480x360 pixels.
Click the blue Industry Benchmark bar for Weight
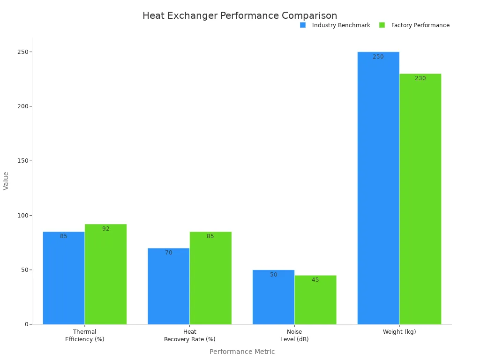click(378, 187)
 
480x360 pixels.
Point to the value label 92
click(106, 229)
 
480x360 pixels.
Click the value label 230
click(420, 78)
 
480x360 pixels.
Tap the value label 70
click(169, 253)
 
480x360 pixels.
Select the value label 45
click(315, 280)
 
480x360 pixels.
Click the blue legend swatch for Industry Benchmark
click(303, 25)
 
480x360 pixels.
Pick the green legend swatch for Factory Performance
click(382, 25)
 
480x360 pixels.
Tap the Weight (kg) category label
click(399, 332)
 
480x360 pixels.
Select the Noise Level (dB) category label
click(294, 336)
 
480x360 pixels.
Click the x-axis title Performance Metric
click(242, 352)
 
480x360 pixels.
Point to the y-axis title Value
click(6, 180)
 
